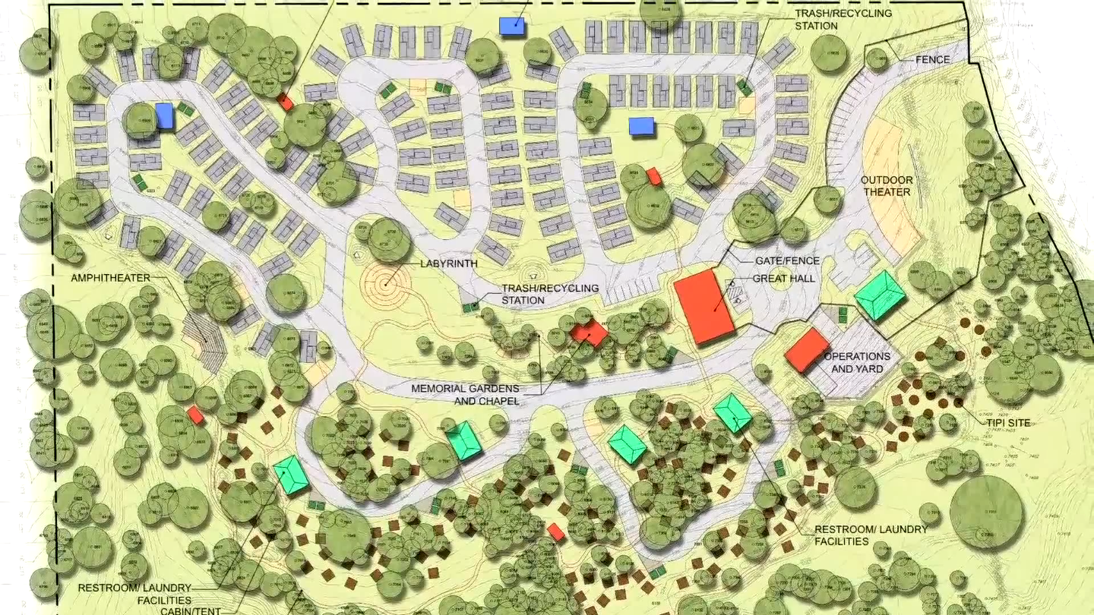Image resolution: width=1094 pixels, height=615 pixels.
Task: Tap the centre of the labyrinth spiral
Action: coord(386,286)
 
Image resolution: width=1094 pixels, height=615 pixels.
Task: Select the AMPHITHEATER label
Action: coord(110,279)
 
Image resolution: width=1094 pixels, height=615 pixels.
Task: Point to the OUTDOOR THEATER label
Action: coord(886,186)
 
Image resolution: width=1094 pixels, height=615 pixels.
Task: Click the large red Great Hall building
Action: coord(704,305)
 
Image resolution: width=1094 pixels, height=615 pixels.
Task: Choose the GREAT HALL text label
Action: coord(784,279)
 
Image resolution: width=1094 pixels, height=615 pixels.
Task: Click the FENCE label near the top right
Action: coord(933,59)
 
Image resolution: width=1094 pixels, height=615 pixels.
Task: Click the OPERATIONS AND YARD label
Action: coord(857,362)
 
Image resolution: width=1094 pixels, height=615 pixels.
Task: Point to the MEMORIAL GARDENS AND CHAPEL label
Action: coord(466,394)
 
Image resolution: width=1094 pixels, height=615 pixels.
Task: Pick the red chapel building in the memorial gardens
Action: coord(589,333)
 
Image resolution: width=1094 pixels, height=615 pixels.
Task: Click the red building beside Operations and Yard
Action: coord(806,350)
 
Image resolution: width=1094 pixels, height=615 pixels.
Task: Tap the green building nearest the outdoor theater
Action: coord(880,295)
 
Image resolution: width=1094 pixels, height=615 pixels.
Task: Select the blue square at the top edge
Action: coord(513,25)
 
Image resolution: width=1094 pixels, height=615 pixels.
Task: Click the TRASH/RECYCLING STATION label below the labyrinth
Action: coord(549,294)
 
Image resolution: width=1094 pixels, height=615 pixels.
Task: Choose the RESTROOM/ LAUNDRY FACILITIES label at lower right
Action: coord(871,535)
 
